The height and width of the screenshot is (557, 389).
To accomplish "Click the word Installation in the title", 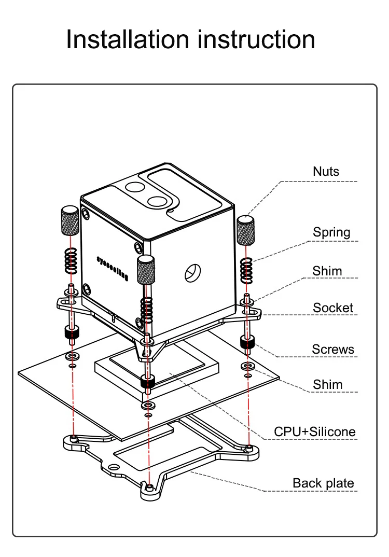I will click(x=128, y=40).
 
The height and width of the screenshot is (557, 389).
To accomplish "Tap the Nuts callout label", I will click(x=326, y=171).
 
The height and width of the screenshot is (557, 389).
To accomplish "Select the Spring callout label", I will click(x=331, y=232).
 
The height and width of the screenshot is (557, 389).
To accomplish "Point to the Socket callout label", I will click(x=332, y=308).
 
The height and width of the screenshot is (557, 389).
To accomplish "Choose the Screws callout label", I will click(x=333, y=349).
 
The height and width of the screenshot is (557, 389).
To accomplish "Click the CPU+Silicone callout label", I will click(x=314, y=431).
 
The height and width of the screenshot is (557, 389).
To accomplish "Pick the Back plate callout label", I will click(x=323, y=483).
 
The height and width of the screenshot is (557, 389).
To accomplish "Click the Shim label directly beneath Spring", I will click(x=327, y=271).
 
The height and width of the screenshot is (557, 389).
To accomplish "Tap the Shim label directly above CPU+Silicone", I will click(x=327, y=384).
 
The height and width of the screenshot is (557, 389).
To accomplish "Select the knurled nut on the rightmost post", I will click(x=247, y=229).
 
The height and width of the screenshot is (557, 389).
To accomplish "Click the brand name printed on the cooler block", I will click(x=112, y=268).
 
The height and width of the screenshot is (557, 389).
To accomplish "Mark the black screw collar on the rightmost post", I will click(x=247, y=342).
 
